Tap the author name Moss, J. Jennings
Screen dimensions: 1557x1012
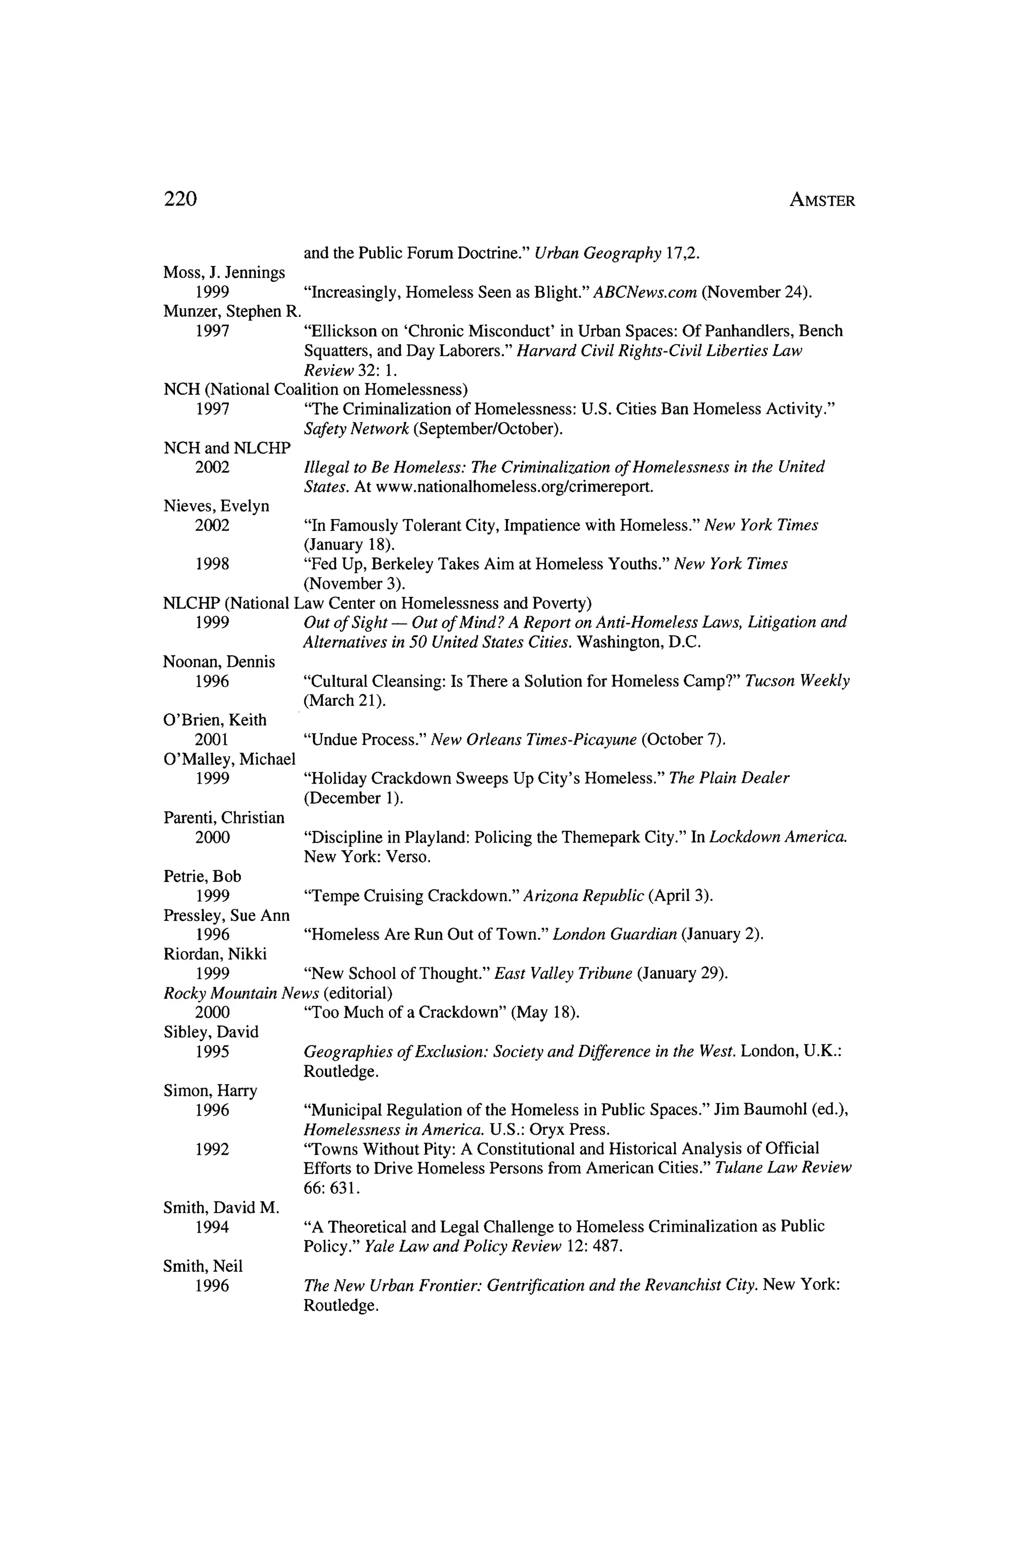pyautogui.click(x=224, y=273)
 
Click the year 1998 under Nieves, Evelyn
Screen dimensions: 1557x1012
pyautogui.click(x=212, y=564)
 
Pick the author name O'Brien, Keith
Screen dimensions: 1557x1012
pyautogui.click(x=214, y=720)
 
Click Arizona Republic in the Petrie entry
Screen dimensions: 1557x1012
pyautogui.click(x=584, y=896)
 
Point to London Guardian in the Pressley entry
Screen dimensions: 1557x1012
pyautogui.click(x=614, y=934)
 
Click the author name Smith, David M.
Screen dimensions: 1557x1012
pyautogui.click(x=220, y=1209)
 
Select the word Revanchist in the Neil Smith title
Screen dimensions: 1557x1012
pyautogui.click(x=682, y=1286)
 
